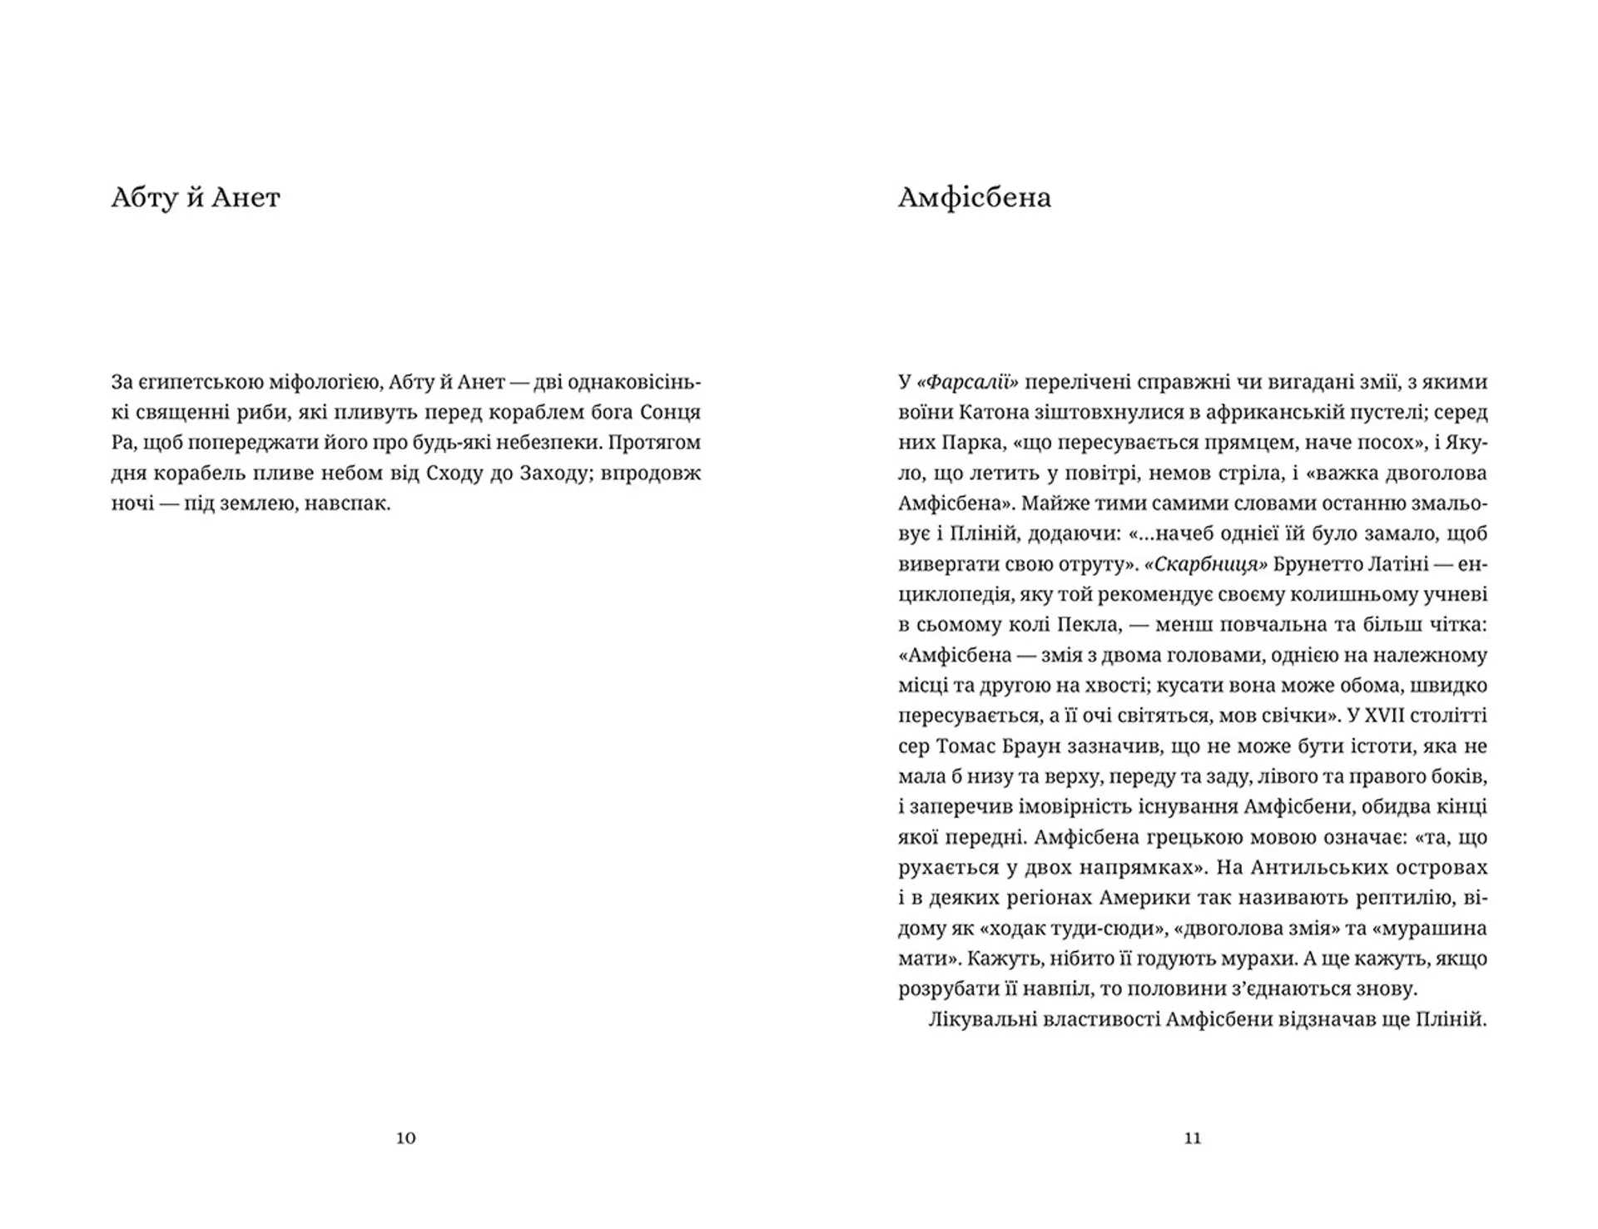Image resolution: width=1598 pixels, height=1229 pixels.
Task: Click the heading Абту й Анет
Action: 196,198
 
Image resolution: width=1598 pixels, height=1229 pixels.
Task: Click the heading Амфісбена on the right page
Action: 975,198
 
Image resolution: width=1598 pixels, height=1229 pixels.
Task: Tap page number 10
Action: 405,1138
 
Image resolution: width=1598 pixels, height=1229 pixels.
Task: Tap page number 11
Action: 1193,1138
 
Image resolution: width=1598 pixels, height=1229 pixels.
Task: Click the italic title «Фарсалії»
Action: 968,383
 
